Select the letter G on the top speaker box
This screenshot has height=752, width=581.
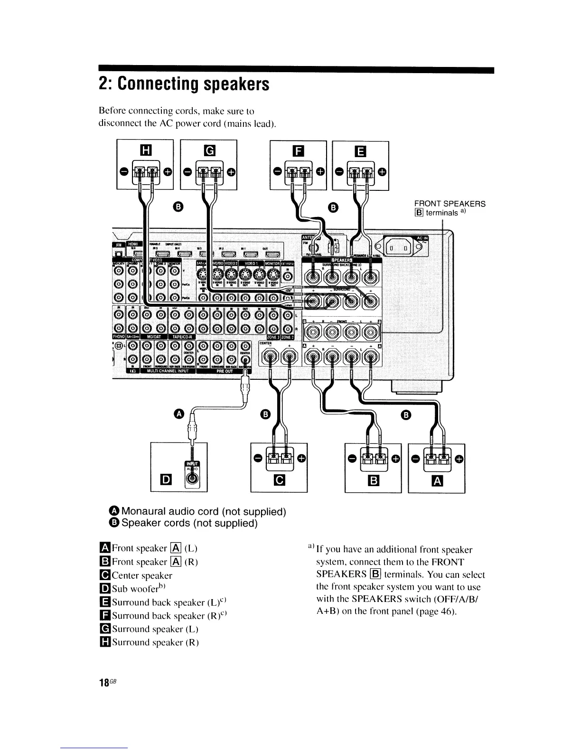pyautogui.click(x=209, y=151)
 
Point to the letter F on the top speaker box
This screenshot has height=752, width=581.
pyautogui.click(x=298, y=151)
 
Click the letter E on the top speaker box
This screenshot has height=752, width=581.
pyautogui.click(x=360, y=151)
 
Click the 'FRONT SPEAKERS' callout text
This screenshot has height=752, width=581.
pyautogui.click(x=450, y=204)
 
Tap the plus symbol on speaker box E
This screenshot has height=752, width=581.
pyautogui.click(x=383, y=171)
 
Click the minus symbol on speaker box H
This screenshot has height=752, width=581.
pyautogui.click(x=123, y=171)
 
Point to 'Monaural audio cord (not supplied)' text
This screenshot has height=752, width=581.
pyautogui.click(x=204, y=512)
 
